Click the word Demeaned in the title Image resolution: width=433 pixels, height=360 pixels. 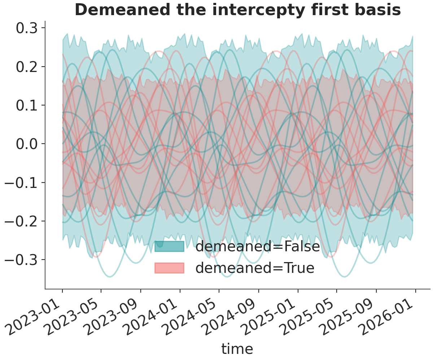click(x=123, y=10)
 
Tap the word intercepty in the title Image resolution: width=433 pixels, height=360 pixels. click(x=259, y=10)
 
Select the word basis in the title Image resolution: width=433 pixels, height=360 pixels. click(x=378, y=10)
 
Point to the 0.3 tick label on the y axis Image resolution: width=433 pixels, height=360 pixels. click(x=27, y=28)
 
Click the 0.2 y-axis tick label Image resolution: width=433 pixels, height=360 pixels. click(x=27, y=67)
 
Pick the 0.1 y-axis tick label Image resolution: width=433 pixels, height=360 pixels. click(x=27, y=105)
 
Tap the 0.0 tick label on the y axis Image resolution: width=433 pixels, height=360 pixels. click(x=27, y=144)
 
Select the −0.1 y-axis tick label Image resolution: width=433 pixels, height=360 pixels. click(x=21, y=183)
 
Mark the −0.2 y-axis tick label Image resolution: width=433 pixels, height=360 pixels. click(x=21, y=221)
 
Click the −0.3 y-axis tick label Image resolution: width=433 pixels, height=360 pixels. click(x=21, y=260)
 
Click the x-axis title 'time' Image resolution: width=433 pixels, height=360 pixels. click(x=237, y=348)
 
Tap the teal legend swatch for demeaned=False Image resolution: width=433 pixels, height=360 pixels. click(x=170, y=246)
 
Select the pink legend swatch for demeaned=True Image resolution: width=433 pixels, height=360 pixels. click(x=170, y=268)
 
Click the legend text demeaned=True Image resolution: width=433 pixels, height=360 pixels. click(x=255, y=268)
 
